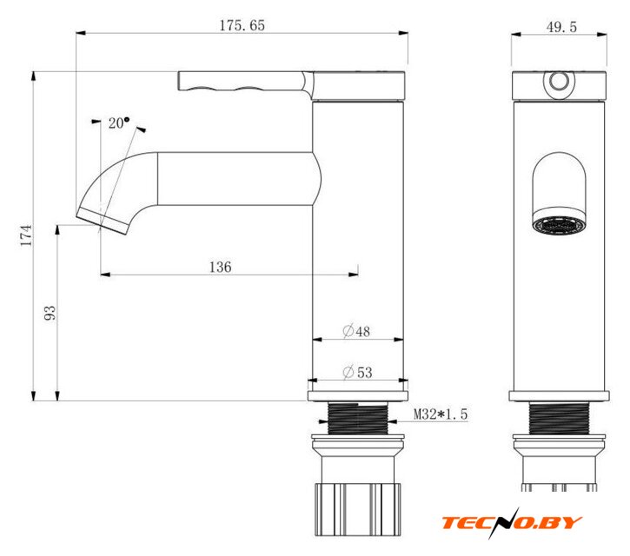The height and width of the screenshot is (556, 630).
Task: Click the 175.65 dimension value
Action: click(x=242, y=25)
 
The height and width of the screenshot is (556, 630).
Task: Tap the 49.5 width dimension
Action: click(x=561, y=27)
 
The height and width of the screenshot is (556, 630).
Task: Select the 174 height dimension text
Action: click(x=27, y=235)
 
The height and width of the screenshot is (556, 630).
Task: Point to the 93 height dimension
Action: click(x=50, y=313)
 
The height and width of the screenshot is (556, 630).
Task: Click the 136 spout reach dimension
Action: click(x=220, y=267)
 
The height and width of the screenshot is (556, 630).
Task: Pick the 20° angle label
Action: click(x=119, y=122)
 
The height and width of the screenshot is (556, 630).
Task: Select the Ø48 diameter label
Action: click(x=356, y=331)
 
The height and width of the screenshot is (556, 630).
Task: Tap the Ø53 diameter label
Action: click(x=358, y=372)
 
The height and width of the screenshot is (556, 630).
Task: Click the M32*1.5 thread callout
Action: click(x=441, y=414)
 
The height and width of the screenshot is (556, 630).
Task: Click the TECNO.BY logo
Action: click(x=512, y=523)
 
